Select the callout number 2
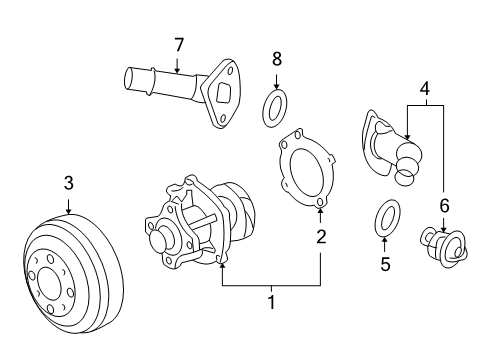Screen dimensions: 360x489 coord(321,237)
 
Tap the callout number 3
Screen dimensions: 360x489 coord(68,182)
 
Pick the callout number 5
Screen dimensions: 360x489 coord(386,265)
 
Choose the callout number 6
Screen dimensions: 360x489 coord(444,205)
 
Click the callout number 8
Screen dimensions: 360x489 coord(276,60)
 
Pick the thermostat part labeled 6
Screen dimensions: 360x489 coord(444,249)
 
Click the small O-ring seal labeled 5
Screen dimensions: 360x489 coord(386,218)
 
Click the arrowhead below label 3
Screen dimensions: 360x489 coord(68,213)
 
